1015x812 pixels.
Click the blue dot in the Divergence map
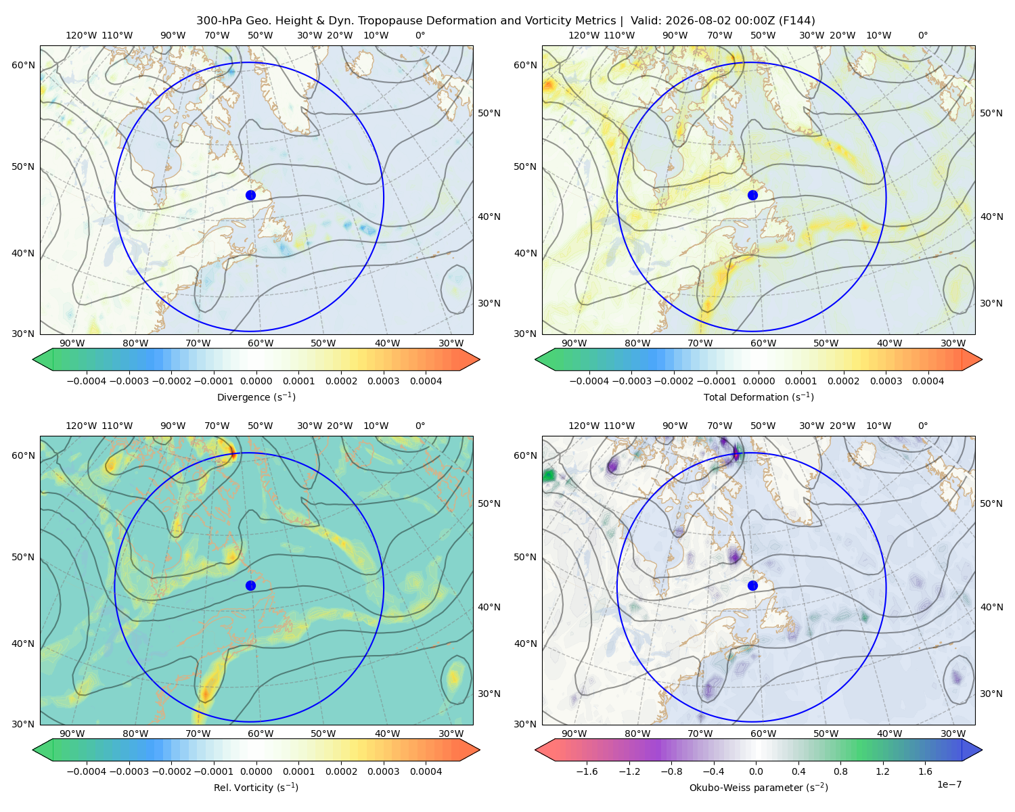tap(250, 196)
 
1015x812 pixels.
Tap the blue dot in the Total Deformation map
tap(752, 196)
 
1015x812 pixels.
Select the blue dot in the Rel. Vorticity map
tap(250, 585)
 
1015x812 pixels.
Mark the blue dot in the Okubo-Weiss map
tap(752, 585)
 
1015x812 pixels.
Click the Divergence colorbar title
tap(256, 397)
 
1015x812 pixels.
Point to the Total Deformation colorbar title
tap(759, 397)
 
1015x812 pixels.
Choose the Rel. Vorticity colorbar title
tap(256, 788)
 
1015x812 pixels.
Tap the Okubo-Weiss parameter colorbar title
tap(759, 788)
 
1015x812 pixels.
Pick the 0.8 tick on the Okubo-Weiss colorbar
tap(840, 771)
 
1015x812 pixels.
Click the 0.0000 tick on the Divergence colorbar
tap(256, 381)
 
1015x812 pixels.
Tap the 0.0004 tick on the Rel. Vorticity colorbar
tap(426, 771)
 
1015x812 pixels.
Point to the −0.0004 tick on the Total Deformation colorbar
tap(589, 381)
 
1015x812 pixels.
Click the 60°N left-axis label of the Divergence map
tap(23, 65)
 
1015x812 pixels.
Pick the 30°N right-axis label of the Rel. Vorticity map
tap(489, 694)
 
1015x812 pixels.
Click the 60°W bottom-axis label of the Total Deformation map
tap(763, 343)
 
